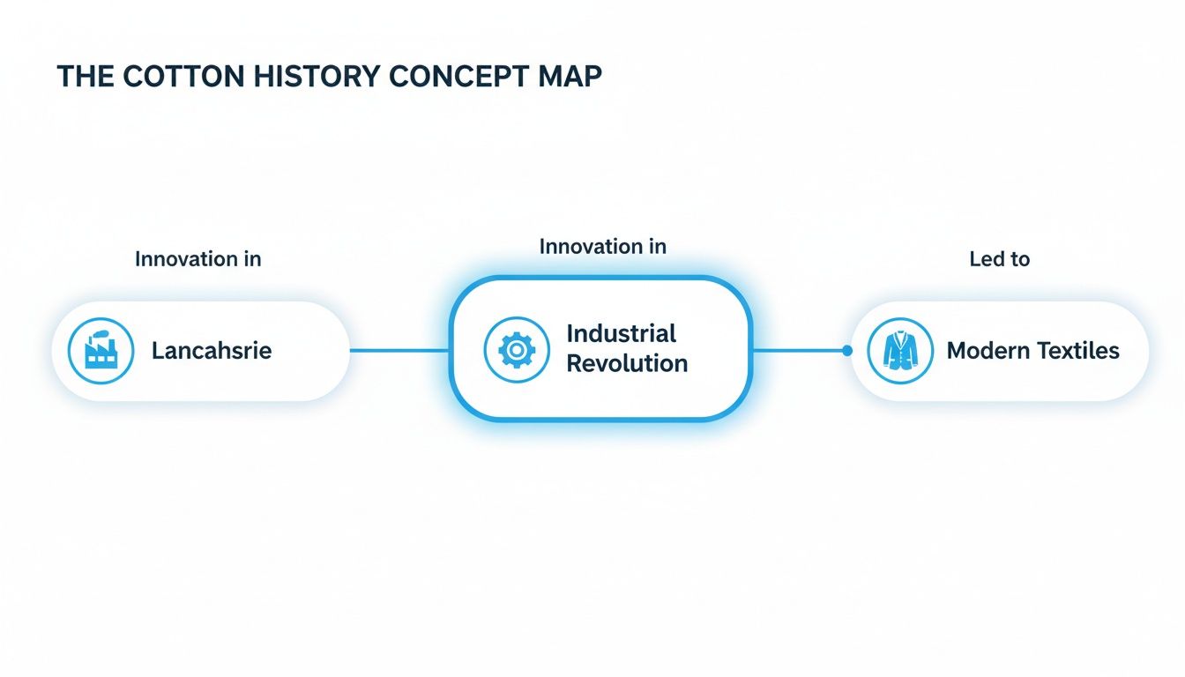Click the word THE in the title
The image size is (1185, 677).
click(x=86, y=77)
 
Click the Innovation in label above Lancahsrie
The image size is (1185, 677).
click(x=197, y=259)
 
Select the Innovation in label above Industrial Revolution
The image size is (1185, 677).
click(x=602, y=247)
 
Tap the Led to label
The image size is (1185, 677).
click(x=999, y=259)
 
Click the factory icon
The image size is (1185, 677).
click(x=101, y=351)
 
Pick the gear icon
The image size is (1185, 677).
click(x=517, y=350)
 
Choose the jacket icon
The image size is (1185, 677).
click(x=900, y=351)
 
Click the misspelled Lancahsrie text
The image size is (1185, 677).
click(x=212, y=351)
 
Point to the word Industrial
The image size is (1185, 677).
click(x=621, y=334)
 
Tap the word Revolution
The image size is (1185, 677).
click(x=626, y=363)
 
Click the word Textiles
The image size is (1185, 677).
click(x=1078, y=351)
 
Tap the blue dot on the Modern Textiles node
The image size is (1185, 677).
click(x=847, y=351)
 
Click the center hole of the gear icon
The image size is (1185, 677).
click(x=517, y=350)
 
